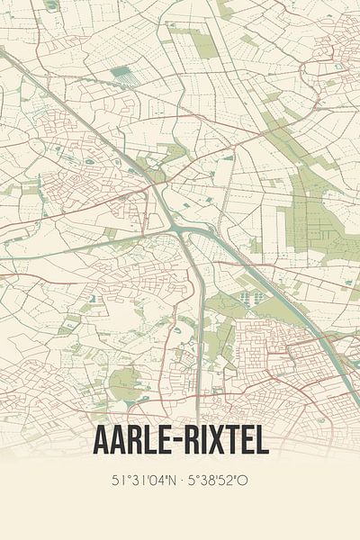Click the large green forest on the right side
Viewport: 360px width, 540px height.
(310, 211)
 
